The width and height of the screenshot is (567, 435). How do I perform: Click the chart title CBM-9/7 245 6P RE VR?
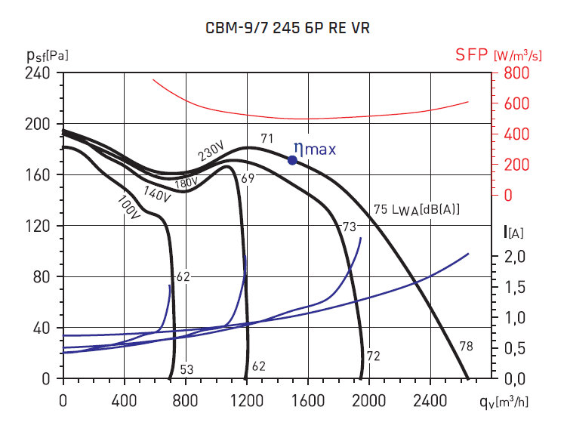coord(288,29)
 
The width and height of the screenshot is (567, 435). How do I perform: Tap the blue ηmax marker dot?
coord(292,159)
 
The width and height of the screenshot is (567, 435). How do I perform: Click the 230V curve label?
coord(212,152)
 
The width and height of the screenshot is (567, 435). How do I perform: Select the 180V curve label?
coord(186,183)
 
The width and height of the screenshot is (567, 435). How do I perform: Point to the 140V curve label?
coord(158,194)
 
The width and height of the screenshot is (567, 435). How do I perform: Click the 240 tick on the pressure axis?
coord(39,73)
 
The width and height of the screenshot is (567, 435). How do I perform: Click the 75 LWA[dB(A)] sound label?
coord(417,209)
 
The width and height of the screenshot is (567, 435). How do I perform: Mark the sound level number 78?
coord(467,347)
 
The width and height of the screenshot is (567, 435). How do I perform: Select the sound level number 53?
coord(186,369)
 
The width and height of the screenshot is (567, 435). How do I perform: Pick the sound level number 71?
coord(267,138)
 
